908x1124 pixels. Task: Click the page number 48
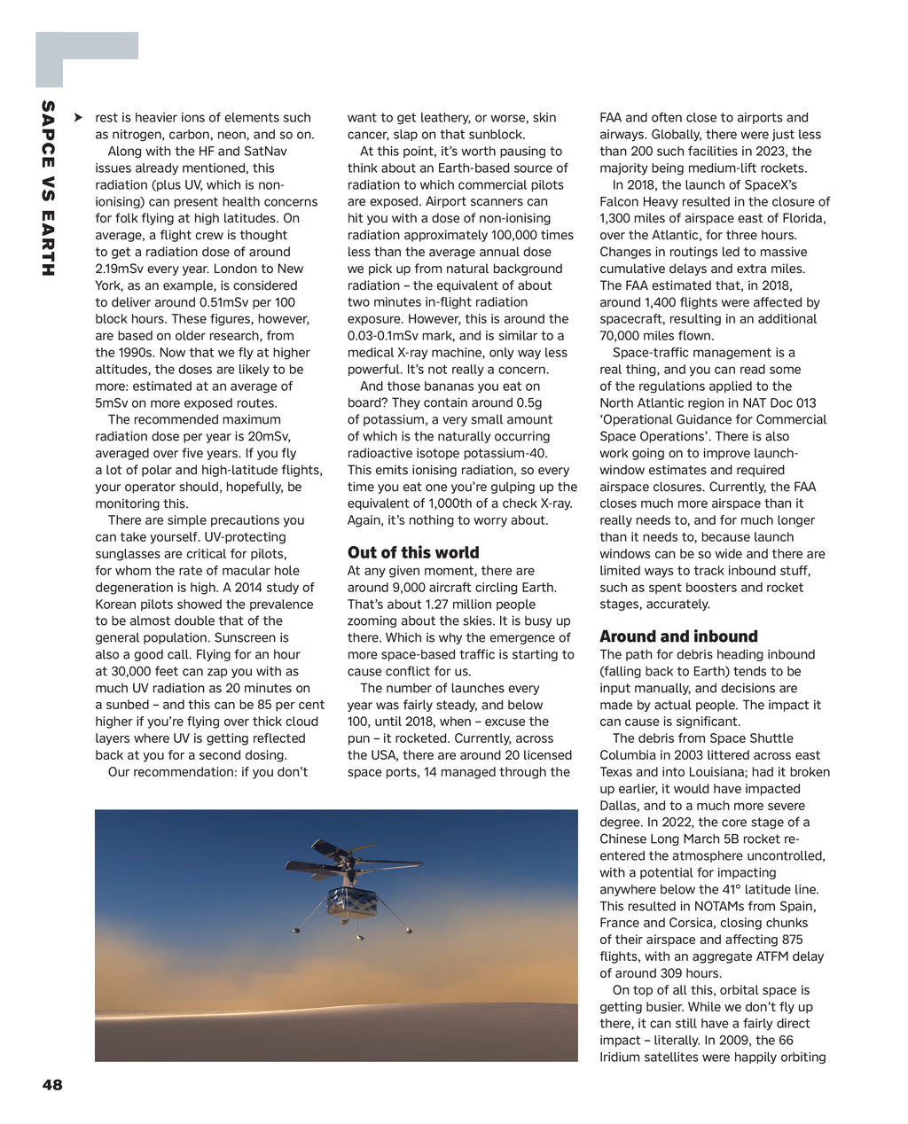tap(52, 1084)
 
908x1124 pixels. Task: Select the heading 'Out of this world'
tap(413, 552)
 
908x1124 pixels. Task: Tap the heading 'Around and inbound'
tap(678, 636)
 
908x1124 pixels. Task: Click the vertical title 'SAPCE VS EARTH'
tap(48, 189)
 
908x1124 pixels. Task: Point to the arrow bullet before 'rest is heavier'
tap(79, 117)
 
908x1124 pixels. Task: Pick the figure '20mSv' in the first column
tap(270, 436)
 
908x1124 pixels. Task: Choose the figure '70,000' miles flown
tap(622, 335)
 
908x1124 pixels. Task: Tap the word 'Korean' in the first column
tap(117, 604)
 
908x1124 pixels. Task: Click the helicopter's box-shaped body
tap(352, 902)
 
